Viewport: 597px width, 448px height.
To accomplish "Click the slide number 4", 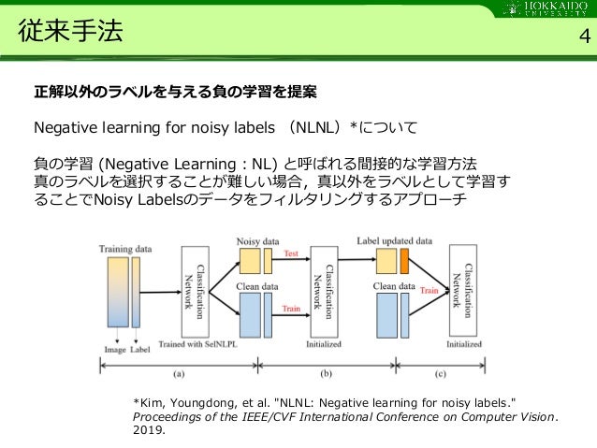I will tap(584, 36).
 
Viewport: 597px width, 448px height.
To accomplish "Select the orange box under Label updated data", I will tap(404, 258).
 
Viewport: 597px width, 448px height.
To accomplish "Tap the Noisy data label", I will tap(259, 240).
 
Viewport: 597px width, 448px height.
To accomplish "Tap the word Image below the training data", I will tap(116, 352).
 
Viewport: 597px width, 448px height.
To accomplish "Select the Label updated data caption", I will tap(395, 239).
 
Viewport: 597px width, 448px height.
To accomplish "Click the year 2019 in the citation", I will tap(148, 432).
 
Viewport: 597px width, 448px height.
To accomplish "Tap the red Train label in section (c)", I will tap(429, 291).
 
